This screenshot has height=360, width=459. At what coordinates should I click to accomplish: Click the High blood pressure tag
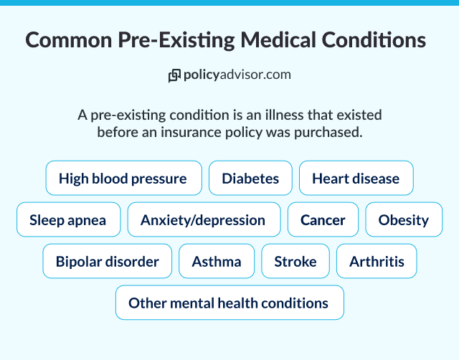123,178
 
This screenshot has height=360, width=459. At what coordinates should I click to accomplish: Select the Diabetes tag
250,178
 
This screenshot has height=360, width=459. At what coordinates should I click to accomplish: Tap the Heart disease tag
356,178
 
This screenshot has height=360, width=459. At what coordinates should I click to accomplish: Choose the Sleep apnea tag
67,220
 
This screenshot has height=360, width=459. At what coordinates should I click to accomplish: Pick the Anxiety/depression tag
203,220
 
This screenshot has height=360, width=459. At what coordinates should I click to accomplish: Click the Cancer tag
323,220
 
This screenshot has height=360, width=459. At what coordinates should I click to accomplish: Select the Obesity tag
403,220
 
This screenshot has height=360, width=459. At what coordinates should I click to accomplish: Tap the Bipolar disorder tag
107,261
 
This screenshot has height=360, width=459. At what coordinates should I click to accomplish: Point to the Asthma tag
217,261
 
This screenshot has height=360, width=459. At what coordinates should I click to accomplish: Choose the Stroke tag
295,261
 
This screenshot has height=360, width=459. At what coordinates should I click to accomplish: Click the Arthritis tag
377,261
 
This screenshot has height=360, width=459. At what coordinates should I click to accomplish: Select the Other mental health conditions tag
229,303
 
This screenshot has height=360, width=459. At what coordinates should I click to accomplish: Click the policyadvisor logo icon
174,75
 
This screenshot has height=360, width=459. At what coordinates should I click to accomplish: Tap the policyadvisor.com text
237,75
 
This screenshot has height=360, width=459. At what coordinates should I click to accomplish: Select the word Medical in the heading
279,40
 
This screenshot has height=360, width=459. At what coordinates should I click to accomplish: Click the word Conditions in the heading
377,40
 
